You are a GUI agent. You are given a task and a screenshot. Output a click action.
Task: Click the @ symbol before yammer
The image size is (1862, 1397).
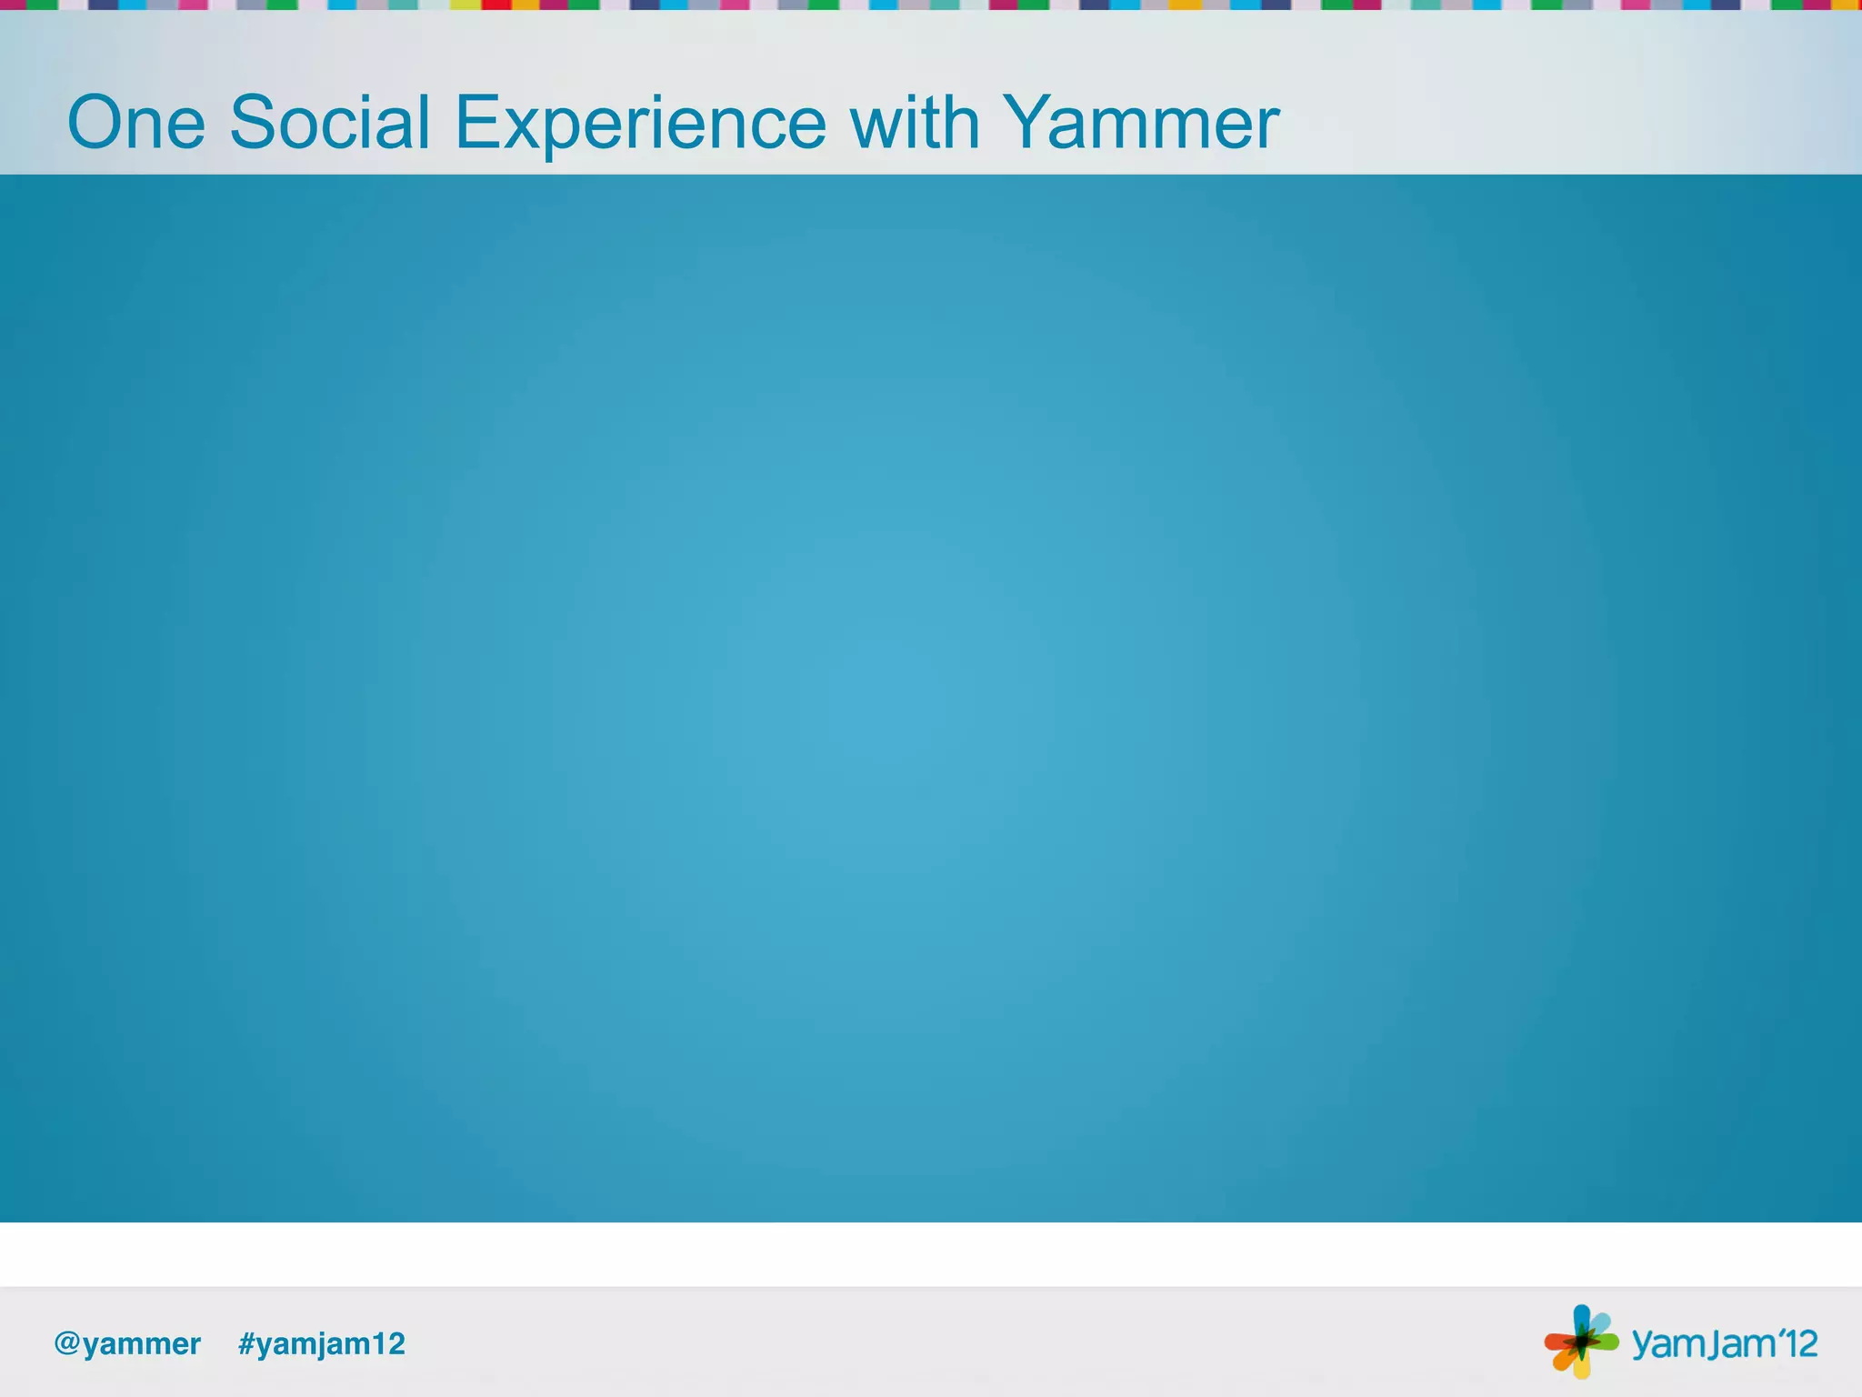pos(67,1343)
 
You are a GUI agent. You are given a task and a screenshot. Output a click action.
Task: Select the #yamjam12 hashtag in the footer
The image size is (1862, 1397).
pos(321,1343)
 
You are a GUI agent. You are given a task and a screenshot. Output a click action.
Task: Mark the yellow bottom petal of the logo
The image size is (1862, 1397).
pos(1582,1365)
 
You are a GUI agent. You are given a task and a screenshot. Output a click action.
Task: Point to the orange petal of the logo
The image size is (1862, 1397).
pos(1563,1360)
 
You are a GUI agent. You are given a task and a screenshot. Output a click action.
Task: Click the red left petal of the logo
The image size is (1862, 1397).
pos(1557,1342)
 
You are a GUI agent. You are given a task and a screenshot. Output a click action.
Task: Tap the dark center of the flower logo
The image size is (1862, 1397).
pos(1582,1342)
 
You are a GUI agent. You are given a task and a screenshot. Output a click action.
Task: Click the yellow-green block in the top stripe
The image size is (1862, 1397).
pos(465,5)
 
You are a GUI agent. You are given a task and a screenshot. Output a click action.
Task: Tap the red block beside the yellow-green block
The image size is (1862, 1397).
pos(496,5)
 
